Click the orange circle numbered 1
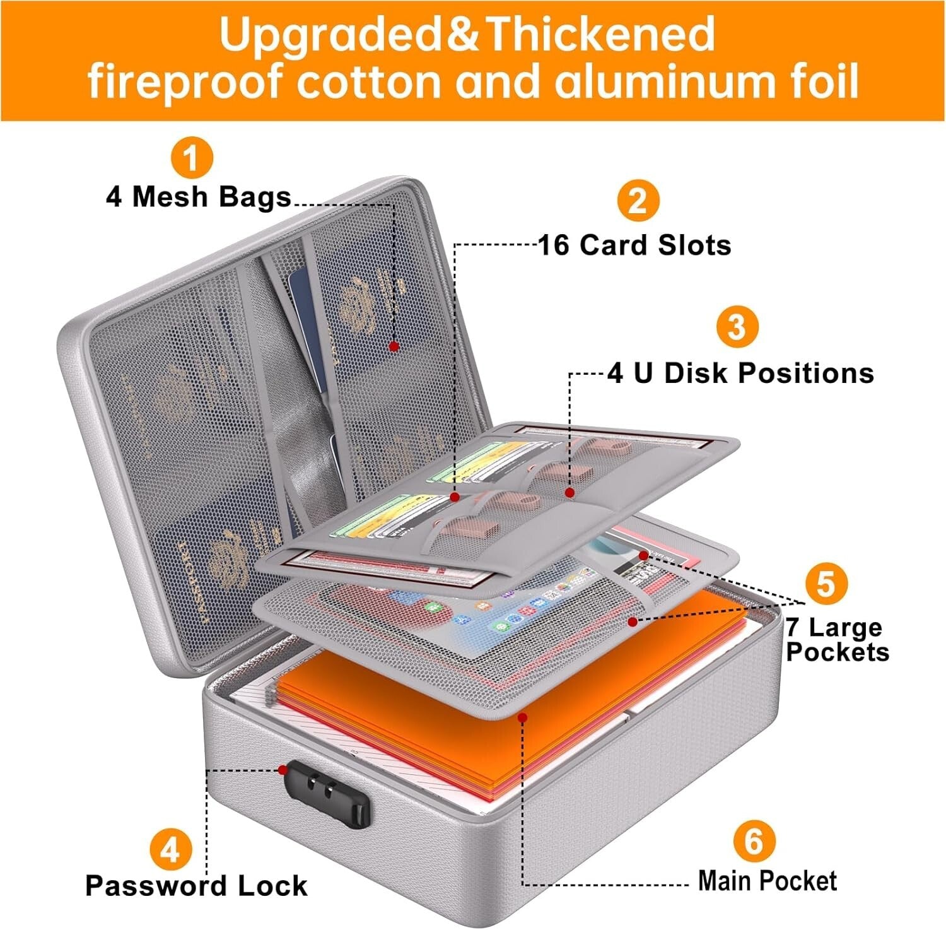point(192,158)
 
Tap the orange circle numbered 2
point(638,201)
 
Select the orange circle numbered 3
point(737,327)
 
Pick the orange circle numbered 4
point(170,849)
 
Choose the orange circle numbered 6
point(754,841)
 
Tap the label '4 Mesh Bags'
point(199,197)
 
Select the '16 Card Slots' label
point(634,245)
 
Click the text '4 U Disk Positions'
point(741,373)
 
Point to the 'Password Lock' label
point(196,886)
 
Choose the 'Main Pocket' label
point(768,881)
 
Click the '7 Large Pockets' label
point(837,639)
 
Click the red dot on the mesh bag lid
point(394,346)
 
